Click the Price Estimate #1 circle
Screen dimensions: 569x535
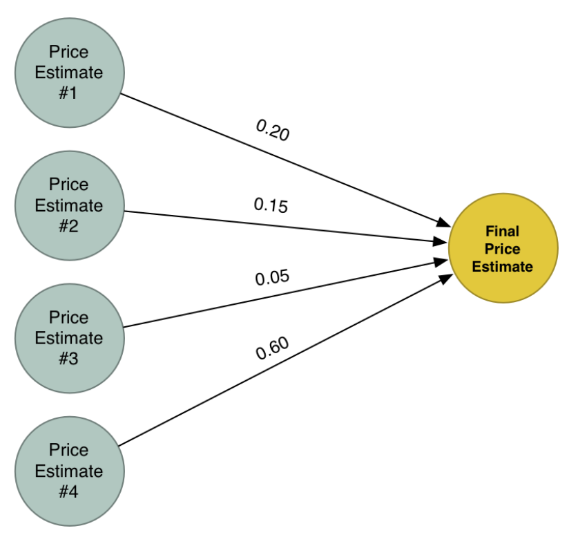coord(69,73)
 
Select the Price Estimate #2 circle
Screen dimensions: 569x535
coord(69,205)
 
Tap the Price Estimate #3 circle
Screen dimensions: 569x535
coord(69,338)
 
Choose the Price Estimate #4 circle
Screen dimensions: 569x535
coord(69,471)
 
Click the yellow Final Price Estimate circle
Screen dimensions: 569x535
coord(503,248)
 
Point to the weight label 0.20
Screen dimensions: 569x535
coord(273,130)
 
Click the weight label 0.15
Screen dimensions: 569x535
coord(271,205)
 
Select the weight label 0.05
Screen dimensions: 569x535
coord(272,278)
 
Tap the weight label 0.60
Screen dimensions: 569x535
coord(272,350)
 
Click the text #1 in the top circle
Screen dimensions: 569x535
coord(68,93)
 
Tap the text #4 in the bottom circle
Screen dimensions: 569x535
coord(68,491)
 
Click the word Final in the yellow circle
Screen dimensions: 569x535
coord(502,231)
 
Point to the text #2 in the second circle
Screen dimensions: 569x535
coord(68,226)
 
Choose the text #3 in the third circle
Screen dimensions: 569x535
coord(68,359)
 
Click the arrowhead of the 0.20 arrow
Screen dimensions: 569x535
coord(443,222)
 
